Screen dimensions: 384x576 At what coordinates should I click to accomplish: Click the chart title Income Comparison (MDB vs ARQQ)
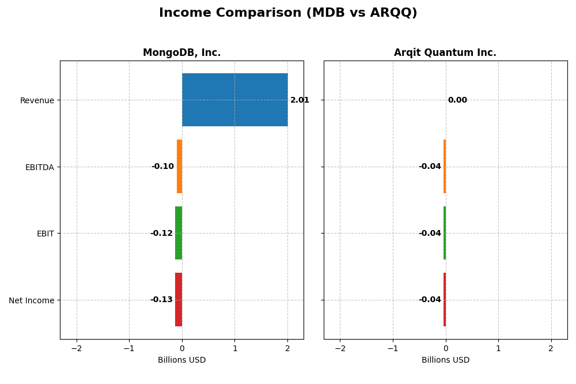point(288,13)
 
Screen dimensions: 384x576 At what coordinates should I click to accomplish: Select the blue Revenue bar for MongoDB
point(234,100)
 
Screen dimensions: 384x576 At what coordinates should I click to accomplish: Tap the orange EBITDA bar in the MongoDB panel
point(179,167)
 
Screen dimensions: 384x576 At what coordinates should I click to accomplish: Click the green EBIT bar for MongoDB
point(179,233)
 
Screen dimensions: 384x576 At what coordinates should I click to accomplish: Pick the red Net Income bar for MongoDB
point(179,299)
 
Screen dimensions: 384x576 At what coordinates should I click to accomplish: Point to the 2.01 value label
point(300,100)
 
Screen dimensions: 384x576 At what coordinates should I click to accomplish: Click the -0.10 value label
point(162,167)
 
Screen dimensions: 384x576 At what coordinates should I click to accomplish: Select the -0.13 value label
point(161,300)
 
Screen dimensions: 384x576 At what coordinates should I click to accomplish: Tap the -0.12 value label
point(161,234)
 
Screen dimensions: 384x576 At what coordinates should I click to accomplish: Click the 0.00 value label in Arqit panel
point(457,100)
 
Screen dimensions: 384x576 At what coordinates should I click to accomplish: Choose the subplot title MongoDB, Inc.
point(181,53)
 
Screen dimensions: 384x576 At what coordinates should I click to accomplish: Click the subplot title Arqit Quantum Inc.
point(445,53)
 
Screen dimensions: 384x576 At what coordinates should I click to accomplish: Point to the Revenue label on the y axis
point(37,101)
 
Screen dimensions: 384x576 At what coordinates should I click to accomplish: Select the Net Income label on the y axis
point(32,300)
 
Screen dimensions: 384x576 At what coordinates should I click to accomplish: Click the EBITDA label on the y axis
point(39,167)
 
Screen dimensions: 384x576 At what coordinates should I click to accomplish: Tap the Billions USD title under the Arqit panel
point(445,360)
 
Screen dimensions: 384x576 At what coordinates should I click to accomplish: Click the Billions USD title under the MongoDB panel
point(181,360)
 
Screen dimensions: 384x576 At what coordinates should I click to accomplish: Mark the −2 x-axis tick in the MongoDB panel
point(76,349)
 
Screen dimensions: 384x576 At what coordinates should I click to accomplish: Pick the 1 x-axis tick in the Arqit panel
point(498,349)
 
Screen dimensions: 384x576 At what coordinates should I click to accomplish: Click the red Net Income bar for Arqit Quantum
point(445,299)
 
